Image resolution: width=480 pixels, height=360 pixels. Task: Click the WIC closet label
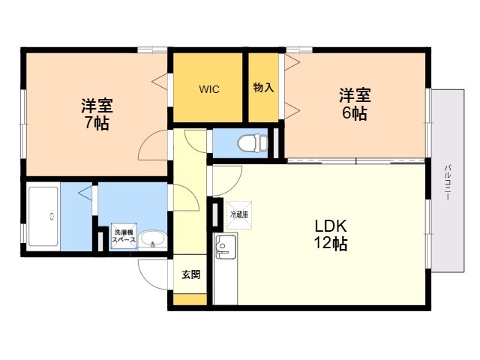[x=209, y=89]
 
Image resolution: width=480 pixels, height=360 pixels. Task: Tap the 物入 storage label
[x=263, y=88]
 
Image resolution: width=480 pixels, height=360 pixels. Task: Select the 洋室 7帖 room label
[x=97, y=114]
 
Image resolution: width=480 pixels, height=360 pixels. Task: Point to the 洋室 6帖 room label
[x=355, y=103]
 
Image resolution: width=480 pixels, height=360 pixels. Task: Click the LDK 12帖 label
[x=331, y=235]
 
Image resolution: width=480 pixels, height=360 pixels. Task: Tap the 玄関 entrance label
[x=191, y=274]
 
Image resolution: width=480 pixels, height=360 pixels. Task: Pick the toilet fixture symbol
[x=253, y=142]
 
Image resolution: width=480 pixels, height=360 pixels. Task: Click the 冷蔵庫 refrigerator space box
[x=239, y=215]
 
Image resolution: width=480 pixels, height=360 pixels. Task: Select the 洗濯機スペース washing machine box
[x=124, y=236]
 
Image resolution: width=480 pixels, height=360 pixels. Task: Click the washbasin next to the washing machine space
[x=152, y=239]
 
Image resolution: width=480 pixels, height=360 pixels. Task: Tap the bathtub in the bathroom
[x=43, y=216]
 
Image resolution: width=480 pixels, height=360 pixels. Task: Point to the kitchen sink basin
[x=226, y=247]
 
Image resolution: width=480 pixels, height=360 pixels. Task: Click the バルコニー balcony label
[x=448, y=182]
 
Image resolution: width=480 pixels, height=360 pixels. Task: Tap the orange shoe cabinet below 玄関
[x=190, y=299]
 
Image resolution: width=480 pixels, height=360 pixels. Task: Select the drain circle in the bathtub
[x=52, y=216]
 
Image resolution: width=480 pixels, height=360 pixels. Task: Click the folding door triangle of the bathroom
[x=85, y=193]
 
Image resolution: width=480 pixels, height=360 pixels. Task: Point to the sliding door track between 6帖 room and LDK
[x=356, y=161]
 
